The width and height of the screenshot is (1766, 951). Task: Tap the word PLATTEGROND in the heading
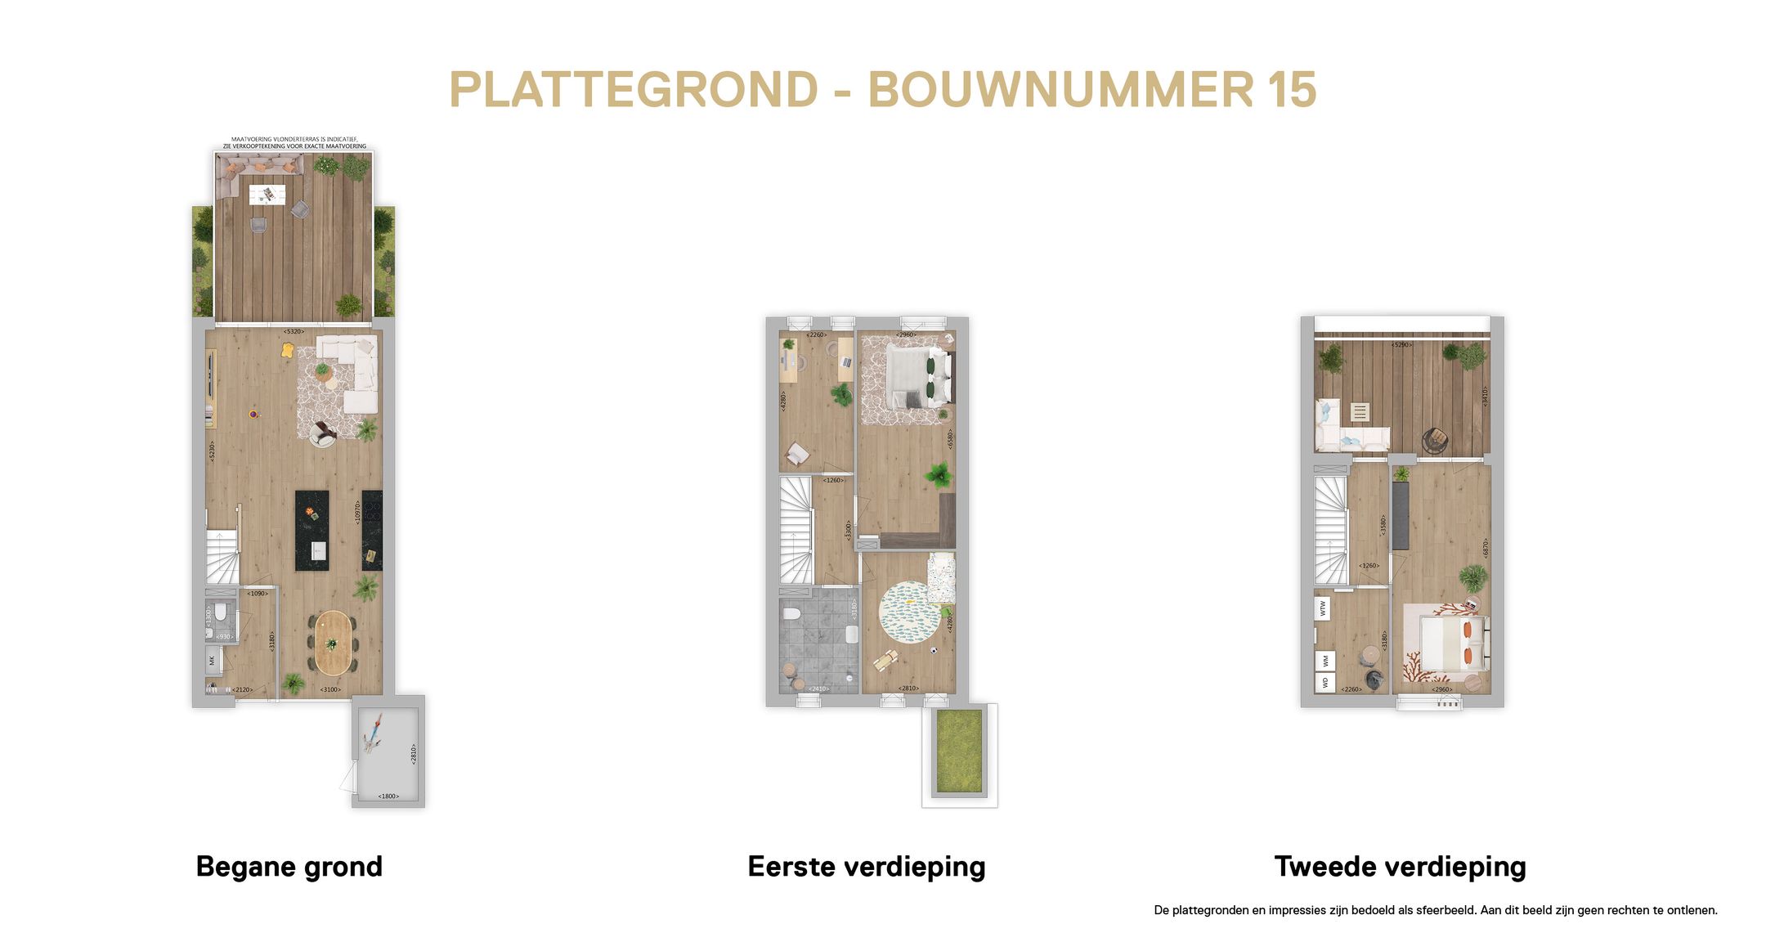[634, 89]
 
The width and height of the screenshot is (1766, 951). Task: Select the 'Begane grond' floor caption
[289, 866]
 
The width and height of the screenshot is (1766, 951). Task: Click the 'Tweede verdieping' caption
[1400, 866]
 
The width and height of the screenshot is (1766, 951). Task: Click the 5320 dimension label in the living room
[294, 331]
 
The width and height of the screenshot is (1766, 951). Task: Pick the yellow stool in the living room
[287, 350]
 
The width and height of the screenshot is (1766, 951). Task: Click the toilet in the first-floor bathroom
[791, 613]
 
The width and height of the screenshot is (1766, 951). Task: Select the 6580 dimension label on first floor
[950, 439]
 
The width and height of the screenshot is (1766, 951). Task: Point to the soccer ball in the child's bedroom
[934, 651]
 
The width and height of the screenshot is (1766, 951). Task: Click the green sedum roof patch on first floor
[958, 751]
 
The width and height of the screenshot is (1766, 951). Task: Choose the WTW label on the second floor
[1323, 608]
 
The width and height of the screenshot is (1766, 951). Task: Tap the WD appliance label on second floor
[1324, 682]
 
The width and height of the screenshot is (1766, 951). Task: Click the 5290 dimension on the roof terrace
[1402, 345]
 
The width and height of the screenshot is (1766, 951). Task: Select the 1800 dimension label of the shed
[388, 796]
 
